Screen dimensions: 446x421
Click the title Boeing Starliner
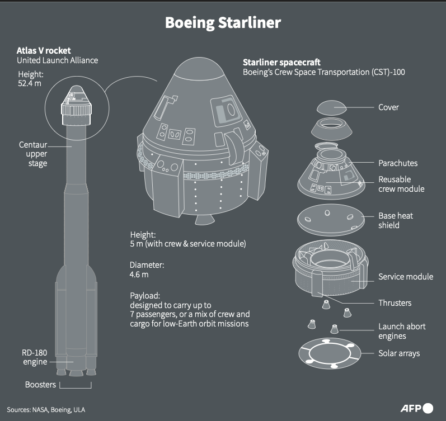223,23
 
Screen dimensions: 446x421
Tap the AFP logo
417,409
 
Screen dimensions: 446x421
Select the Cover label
388,107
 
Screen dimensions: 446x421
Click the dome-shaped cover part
332,107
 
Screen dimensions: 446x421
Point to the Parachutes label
398,163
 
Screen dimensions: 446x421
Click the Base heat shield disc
331,220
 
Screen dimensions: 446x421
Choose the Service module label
406,277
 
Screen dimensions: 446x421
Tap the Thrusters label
395,302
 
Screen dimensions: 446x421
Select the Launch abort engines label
402,331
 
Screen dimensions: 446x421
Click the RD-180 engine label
35,357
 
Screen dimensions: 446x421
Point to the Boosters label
40,385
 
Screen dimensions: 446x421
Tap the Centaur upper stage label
33,154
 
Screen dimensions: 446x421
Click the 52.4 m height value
30,83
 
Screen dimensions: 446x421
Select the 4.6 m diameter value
139,275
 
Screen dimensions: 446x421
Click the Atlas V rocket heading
44,51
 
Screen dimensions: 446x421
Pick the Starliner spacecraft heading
281,62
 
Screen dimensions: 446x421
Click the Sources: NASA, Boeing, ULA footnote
46,410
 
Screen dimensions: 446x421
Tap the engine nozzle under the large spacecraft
204,219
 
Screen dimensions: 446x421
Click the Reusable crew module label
401,184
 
